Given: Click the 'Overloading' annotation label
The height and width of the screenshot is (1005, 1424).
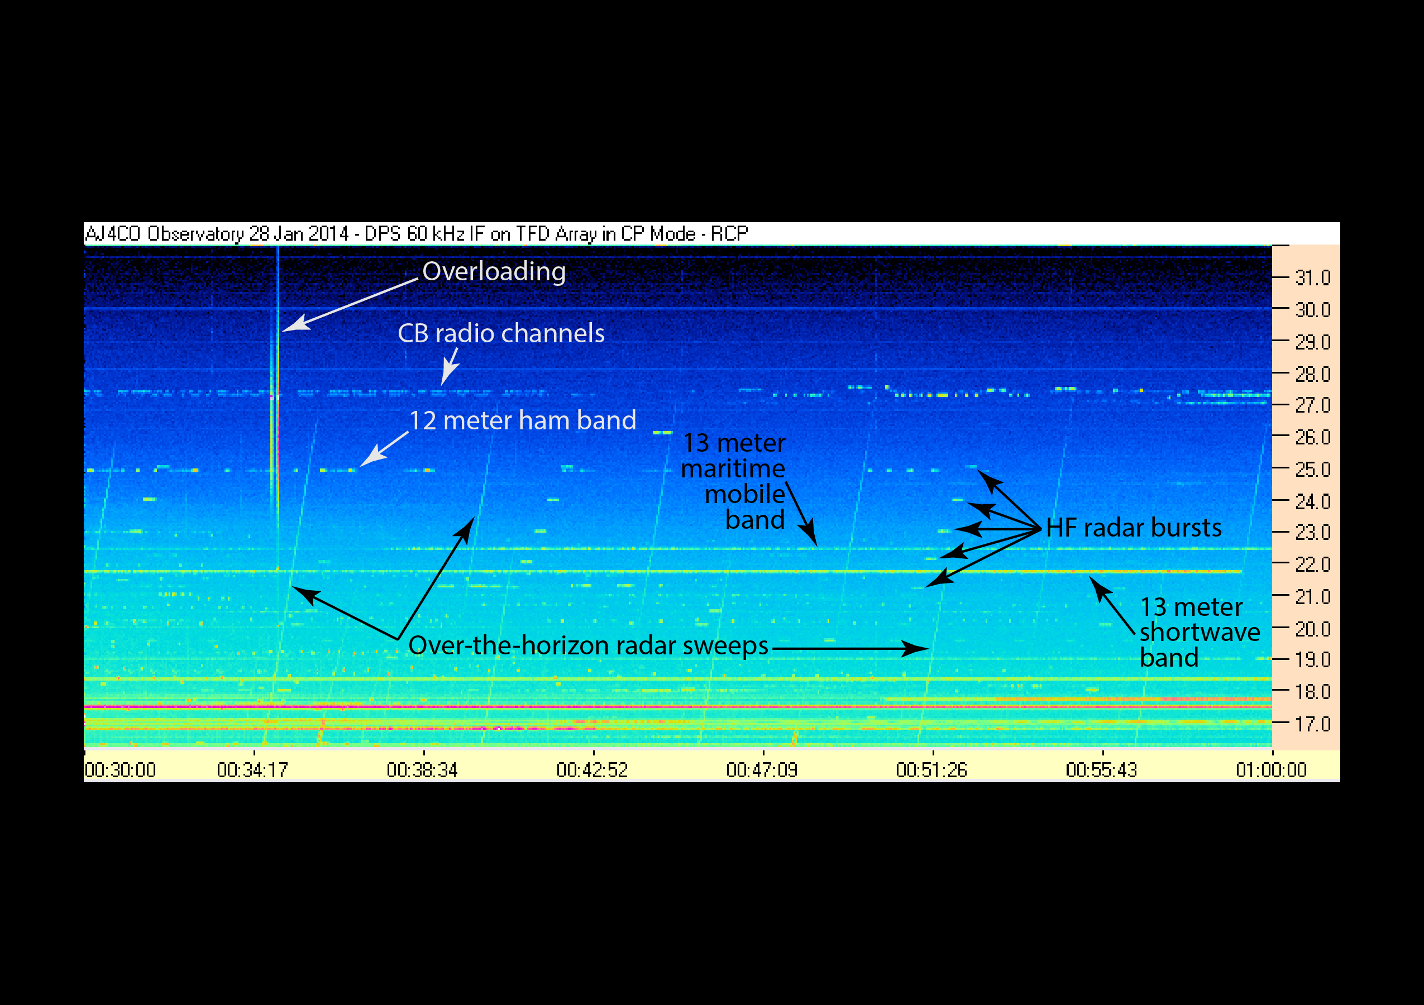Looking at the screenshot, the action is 494,272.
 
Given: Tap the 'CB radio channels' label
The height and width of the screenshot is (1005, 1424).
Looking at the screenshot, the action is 501,333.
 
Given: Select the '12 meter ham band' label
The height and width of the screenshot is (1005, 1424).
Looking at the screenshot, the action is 523,420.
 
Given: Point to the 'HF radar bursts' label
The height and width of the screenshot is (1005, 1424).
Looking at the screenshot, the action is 1134,528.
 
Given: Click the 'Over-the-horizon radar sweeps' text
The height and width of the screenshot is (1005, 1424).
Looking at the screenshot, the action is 588,645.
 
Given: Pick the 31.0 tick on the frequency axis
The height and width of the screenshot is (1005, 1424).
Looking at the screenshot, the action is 1313,277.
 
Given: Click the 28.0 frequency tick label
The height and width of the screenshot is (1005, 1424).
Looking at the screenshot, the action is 1313,375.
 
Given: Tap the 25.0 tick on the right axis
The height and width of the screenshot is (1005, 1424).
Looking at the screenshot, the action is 1313,470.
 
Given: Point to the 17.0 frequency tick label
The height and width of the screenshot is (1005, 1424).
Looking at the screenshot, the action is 1313,724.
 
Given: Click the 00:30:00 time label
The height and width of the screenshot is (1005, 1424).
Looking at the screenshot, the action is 120,770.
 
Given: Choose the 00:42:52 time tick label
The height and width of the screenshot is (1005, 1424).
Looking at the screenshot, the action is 592,770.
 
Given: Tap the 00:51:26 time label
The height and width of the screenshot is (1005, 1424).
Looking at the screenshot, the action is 931,770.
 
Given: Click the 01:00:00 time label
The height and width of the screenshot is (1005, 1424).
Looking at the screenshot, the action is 1272,770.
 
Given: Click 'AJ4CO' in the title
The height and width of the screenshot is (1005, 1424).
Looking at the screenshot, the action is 113,234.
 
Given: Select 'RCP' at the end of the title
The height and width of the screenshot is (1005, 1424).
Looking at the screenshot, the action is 729,234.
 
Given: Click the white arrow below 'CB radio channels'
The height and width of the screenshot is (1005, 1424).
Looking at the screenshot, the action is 450,367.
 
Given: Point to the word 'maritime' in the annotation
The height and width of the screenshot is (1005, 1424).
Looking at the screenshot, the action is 733,468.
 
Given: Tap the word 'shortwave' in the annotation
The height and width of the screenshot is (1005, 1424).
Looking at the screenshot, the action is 1200,632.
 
